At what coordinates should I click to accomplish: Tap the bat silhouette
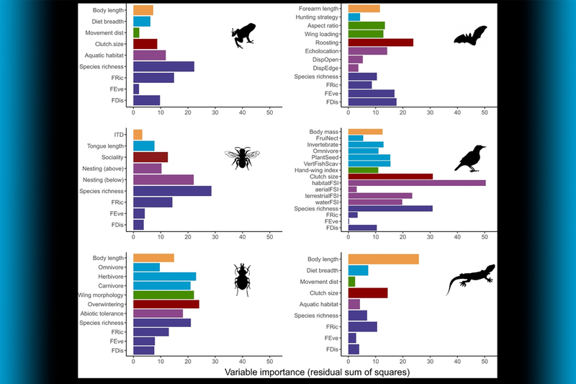(x=470, y=35)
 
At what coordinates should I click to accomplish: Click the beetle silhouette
(x=242, y=278)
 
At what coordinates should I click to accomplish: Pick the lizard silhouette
(x=470, y=277)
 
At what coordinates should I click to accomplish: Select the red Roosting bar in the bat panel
(x=380, y=43)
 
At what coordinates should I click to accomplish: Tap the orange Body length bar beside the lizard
(x=383, y=259)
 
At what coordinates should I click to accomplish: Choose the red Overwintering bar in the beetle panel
(x=166, y=304)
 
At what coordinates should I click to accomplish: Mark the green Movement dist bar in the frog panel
(x=136, y=32)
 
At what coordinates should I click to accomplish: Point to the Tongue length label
(x=106, y=146)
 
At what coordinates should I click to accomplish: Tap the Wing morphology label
(x=102, y=295)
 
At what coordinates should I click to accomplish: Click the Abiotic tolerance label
(x=102, y=313)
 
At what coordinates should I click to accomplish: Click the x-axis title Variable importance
(x=308, y=372)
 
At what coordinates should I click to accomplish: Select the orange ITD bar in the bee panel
(x=138, y=135)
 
